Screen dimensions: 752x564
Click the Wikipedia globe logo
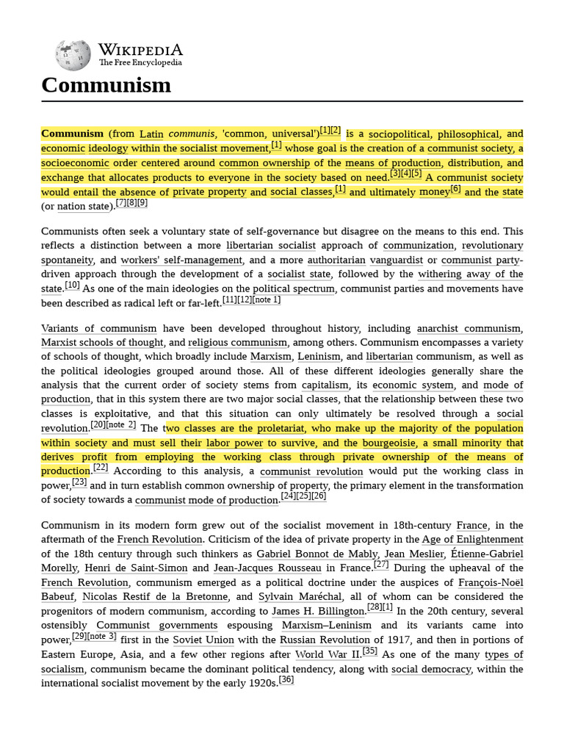pos(73,55)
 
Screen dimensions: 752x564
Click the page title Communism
pos(106,85)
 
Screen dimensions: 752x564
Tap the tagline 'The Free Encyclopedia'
pos(140,63)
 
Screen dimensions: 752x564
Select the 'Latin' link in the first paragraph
pos(151,134)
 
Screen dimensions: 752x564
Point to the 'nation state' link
pos(82,206)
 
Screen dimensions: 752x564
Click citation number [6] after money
pos(455,189)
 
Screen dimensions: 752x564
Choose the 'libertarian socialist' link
pos(271,245)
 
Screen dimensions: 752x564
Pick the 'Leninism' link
pos(319,356)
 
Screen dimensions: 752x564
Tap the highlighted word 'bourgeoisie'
pos(388,443)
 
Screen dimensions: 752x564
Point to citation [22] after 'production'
pos(101,468)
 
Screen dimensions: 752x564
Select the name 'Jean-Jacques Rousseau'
pos(267,568)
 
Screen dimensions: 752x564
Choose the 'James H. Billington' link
pos(318,611)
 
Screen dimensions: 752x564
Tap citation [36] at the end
pos(286,680)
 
